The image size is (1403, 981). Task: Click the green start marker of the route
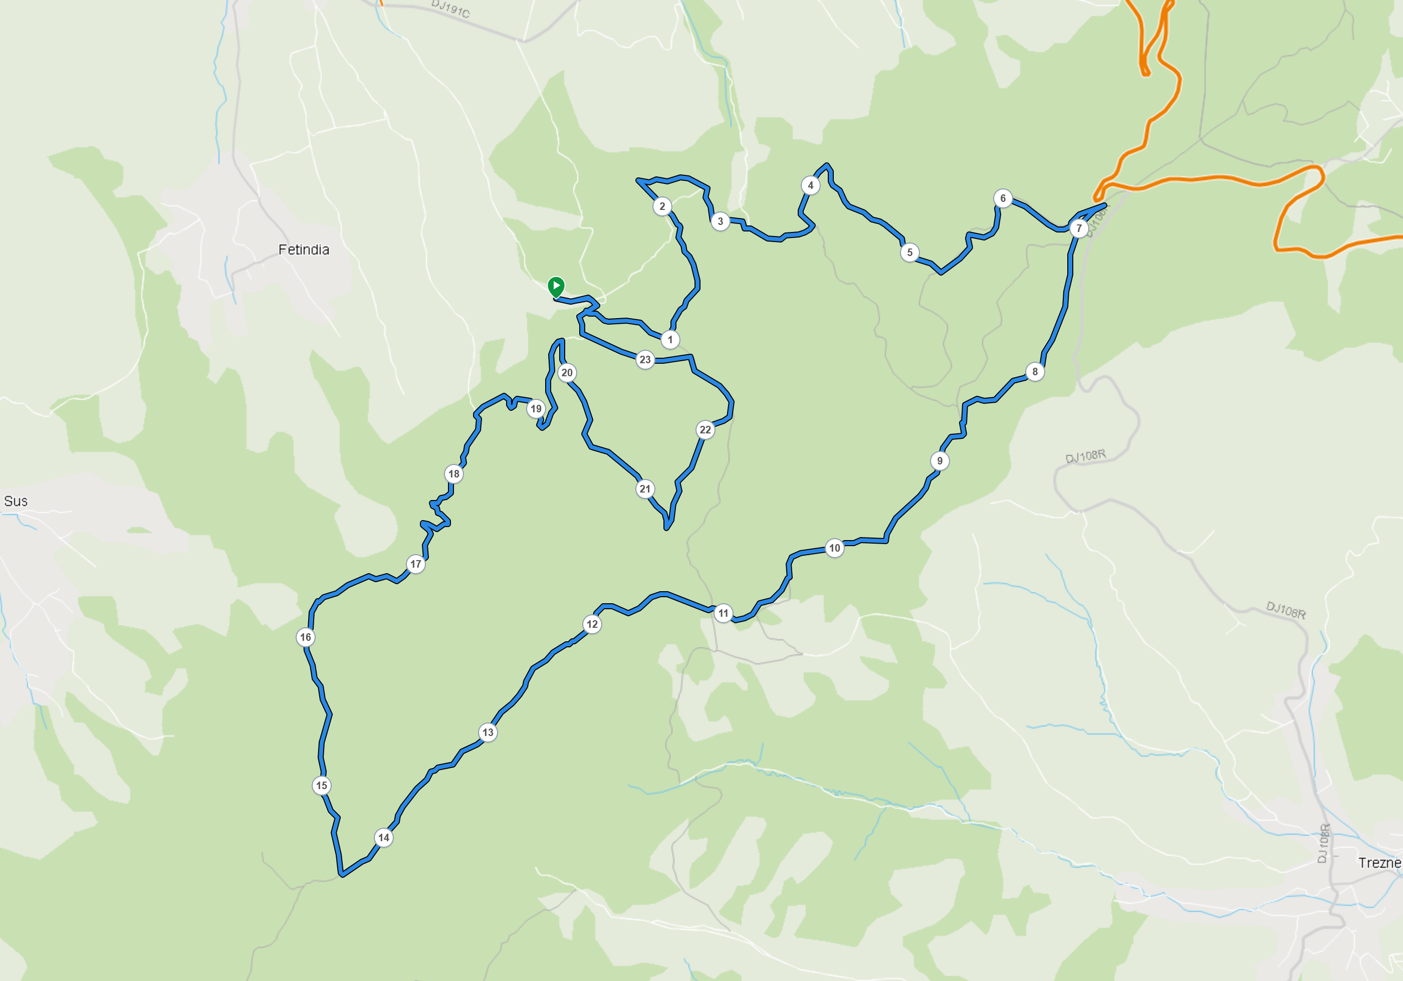(x=556, y=286)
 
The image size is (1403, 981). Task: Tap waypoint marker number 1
(x=670, y=340)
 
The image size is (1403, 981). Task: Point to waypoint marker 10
(x=835, y=548)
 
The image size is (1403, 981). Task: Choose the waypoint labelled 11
(x=724, y=613)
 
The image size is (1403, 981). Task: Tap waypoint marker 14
(x=384, y=837)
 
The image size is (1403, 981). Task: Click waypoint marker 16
(x=306, y=637)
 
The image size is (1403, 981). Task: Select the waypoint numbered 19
(x=536, y=409)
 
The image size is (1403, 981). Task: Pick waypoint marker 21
(x=645, y=488)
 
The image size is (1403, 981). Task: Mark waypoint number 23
(x=645, y=360)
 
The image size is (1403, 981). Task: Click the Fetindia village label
(x=304, y=250)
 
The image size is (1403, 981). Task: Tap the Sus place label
(x=16, y=502)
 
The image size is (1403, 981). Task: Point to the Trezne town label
(x=1379, y=862)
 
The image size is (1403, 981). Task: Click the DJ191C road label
(x=450, y=9)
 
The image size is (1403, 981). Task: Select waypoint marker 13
(x=488, y=732)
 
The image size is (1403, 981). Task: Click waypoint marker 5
(x=910, y=253)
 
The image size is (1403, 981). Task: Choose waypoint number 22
(x=705, y=429)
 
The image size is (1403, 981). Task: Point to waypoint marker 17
(x=416, y=564)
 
